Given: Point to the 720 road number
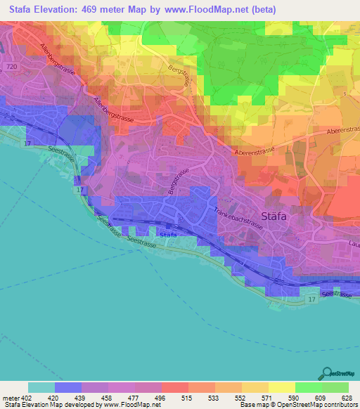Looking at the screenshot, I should point(10,65).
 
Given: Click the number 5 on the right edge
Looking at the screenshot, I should point(345,93).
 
